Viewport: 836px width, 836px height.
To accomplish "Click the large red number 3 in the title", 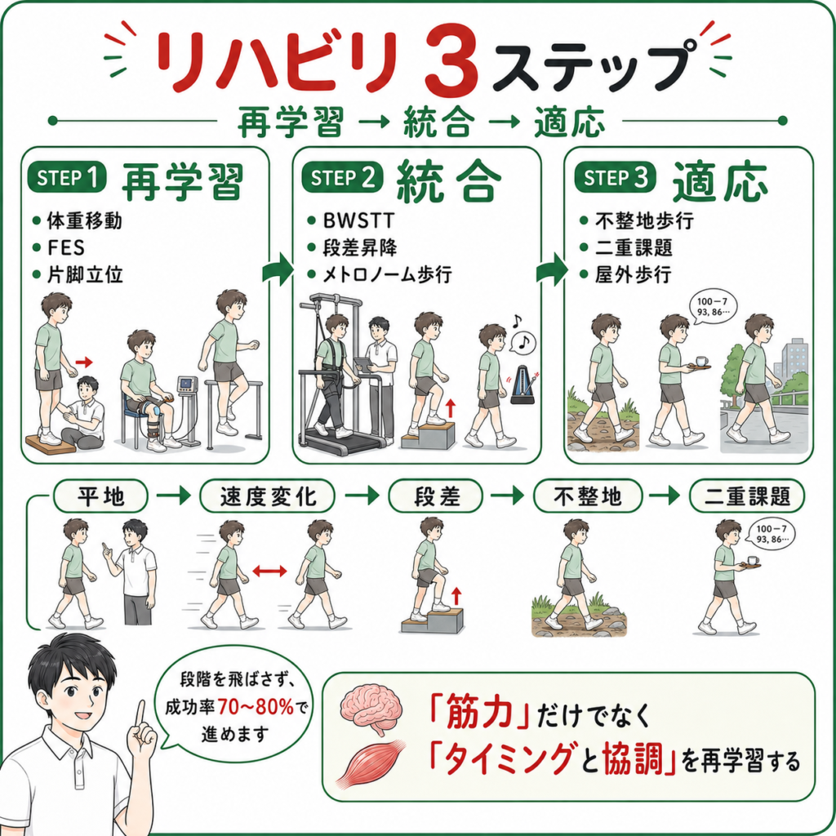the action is (x=451, y=60).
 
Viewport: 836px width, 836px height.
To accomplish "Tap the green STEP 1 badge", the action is (x=67, y=177).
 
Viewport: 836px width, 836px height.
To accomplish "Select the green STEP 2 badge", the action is (x=342, y=177).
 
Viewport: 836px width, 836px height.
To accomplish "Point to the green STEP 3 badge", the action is (x=615, y=177).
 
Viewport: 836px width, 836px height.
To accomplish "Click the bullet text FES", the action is (x=66, y=248).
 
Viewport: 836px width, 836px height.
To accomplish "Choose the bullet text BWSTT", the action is (x=358, y=220).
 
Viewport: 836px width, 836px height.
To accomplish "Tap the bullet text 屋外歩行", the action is (x=633, y=275).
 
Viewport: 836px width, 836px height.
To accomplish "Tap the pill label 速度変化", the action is (x=268, y=496).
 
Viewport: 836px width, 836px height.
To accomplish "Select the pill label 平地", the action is (x=100, y=496).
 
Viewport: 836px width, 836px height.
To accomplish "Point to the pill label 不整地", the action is (x=588, y=496).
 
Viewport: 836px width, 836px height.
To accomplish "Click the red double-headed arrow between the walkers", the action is (x=269, y=571).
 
